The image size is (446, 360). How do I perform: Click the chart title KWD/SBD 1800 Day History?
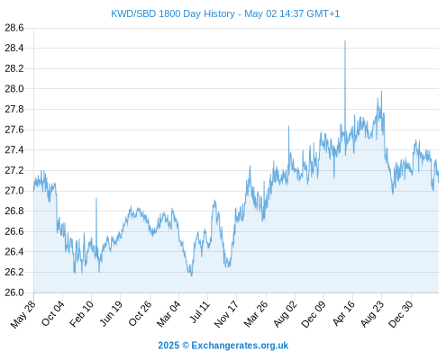click(x=173, y=13)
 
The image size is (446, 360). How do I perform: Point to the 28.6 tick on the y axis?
click(x=14, y=28)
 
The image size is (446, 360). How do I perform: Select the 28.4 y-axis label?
click(x=14, y=48)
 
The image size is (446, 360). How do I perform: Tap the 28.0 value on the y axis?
click(x=14, y=89)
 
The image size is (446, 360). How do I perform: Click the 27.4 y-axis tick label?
click(x=14, y=150)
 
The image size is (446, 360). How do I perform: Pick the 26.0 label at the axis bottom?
click(x=14, y=292)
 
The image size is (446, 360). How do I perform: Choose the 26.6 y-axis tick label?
click(x=14, y=231)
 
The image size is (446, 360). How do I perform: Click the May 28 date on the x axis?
click(x=23, y=314)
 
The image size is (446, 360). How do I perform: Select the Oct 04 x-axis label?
click(x=52, y=314)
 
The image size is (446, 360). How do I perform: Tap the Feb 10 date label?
click(x=81, y=314)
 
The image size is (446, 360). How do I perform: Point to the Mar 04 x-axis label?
click(x=168, y=314)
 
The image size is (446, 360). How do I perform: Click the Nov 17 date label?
click(x=226, y=314)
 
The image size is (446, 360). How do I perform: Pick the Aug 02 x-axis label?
click(x=285, y=314)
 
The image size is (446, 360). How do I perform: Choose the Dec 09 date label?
click(x=314, y=314)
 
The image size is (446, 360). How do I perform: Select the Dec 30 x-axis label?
click(x=401, y=314)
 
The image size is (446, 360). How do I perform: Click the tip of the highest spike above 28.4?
click(x=345, y=40)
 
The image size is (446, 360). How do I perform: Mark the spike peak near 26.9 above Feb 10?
click(x=96, y=198)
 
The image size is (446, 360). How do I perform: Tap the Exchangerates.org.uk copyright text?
click(x=240, y=346)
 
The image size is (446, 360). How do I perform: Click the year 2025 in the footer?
click(x=168, y=346)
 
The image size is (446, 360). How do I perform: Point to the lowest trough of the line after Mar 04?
click(x=191, y=275)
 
